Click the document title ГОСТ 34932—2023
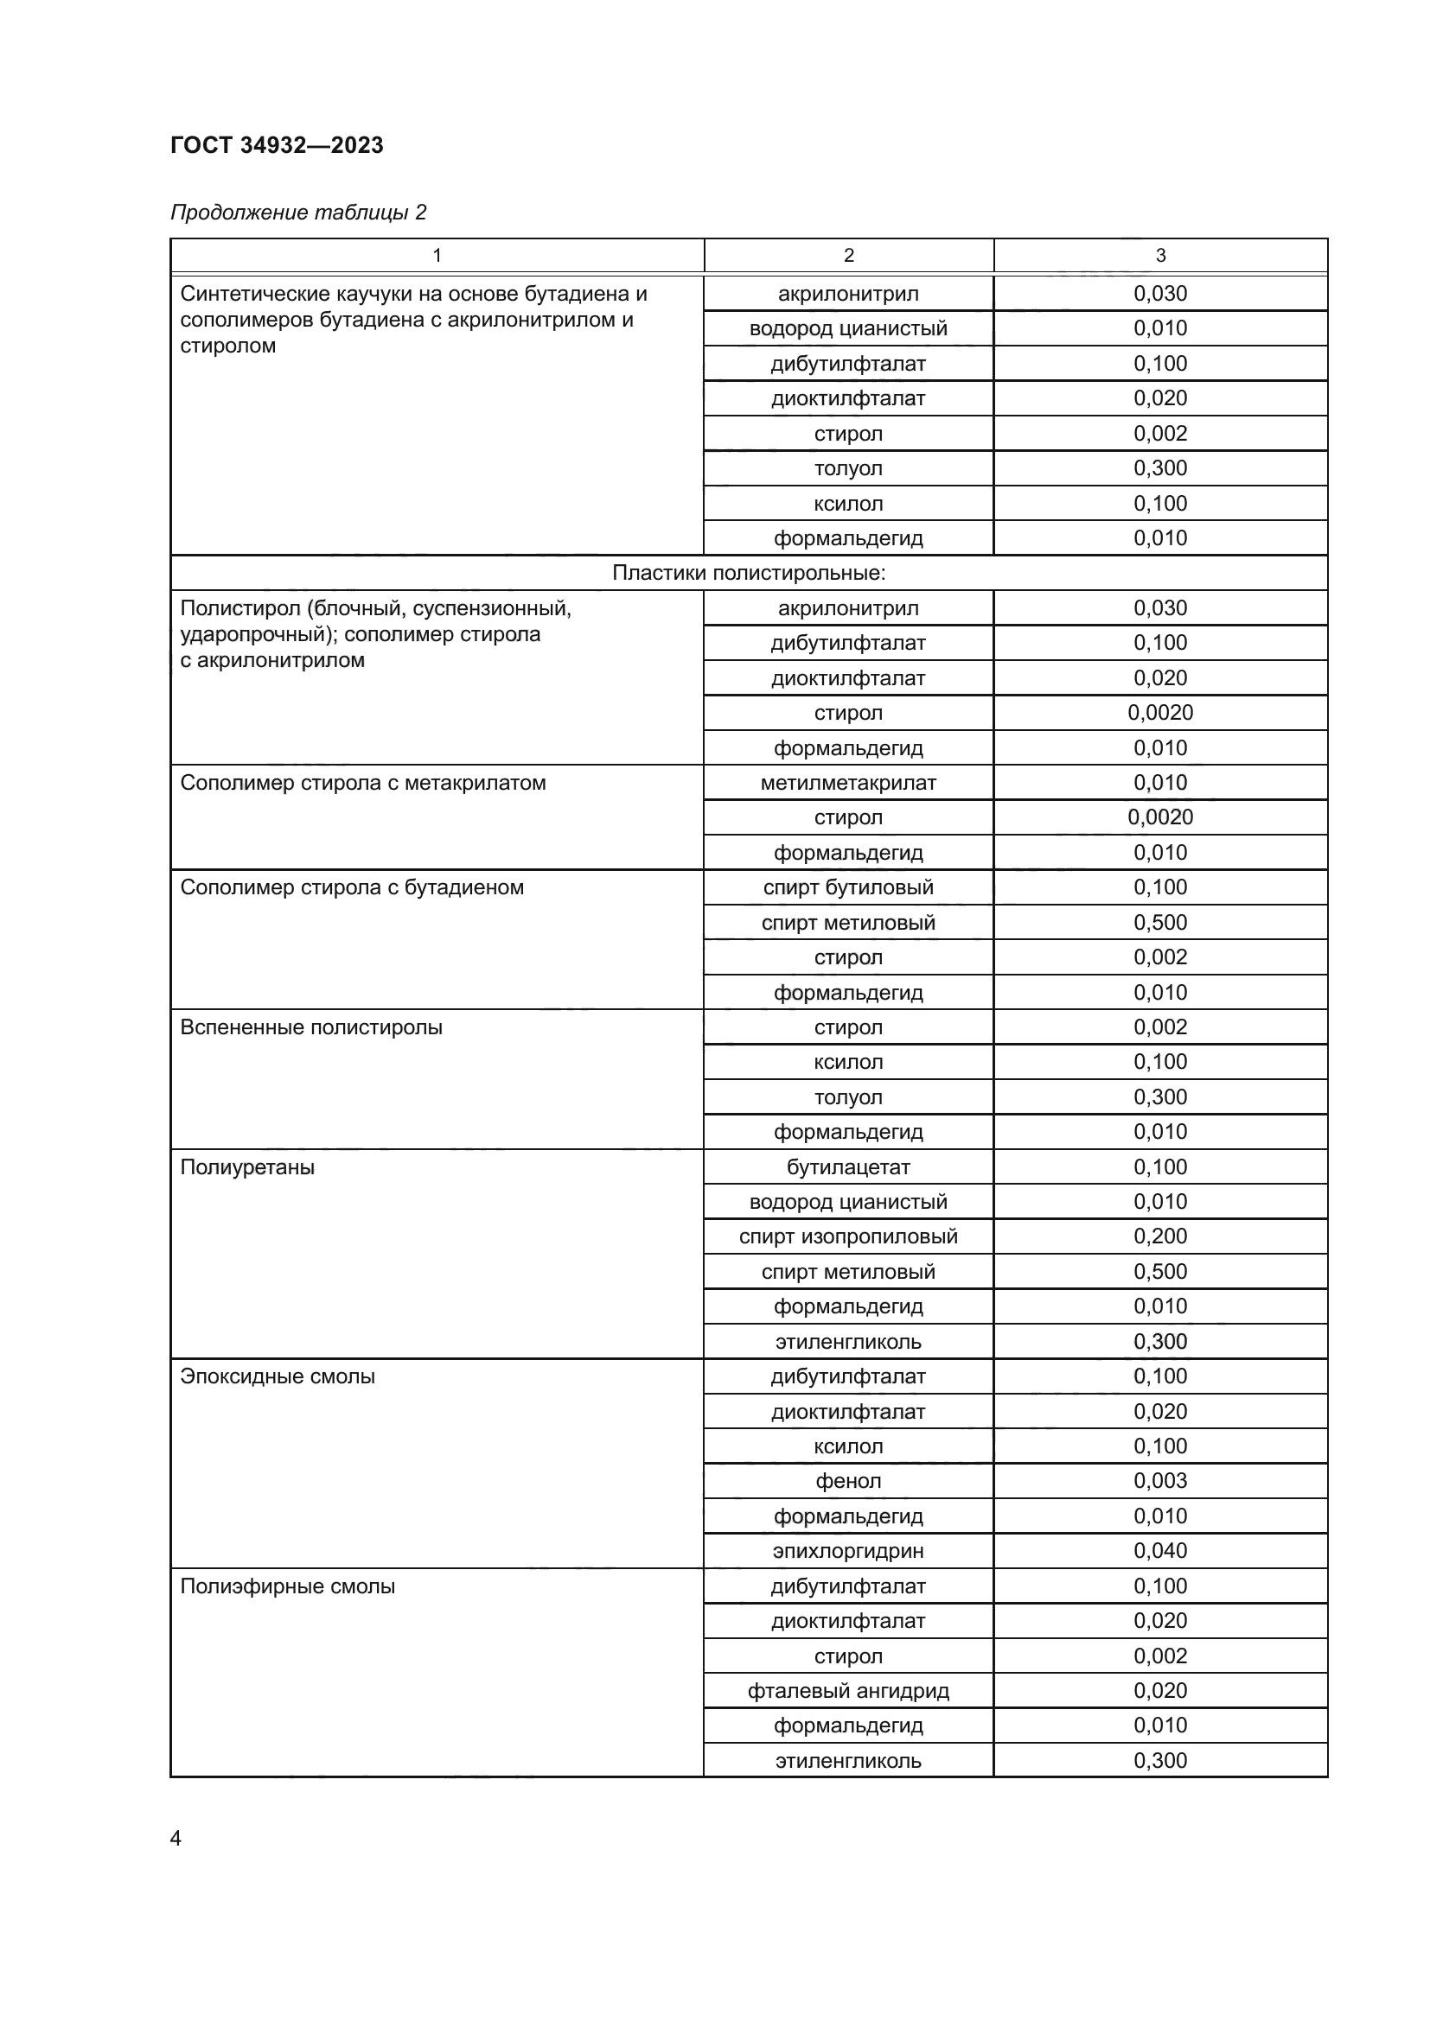[277, 145]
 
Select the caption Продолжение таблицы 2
[297, 213]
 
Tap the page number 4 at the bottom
[176, 1838]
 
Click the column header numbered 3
[1159, 255]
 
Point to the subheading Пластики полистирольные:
[749, 573]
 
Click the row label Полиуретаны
[247, 1167]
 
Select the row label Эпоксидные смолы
[278, 1376]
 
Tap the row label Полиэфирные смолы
[287, 1586]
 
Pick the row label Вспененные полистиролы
[311, 1027]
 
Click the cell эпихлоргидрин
[848, 1551]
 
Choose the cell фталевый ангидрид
[848, 1691]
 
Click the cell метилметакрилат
[848, 783]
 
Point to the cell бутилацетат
[848, 1167]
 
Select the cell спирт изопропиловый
[848, 1236]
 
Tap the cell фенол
[848, 1482]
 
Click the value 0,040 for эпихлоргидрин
[1159, 1551]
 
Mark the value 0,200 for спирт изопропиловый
[1159, 1236]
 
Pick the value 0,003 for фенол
[1159, 1482]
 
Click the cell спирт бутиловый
[848, 887]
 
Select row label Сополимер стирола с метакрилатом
[363, 783]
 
